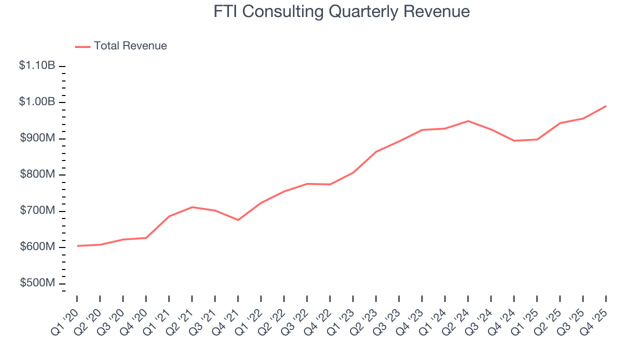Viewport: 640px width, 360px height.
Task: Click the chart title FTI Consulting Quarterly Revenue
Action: pyautogui.click(x=341, y=11)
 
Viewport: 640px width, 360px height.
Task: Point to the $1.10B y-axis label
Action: pyautogui.click(x=37, y=65)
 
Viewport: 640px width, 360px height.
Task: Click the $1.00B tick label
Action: pyautogui.click(x=37, y=102)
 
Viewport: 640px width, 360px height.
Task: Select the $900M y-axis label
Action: pyautogui.click(x=37, y=138)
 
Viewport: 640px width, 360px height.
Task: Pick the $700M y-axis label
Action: pyautogui.click(x=37, y=211)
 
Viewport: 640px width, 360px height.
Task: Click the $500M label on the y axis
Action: pyautogui.click(x=37, y=283)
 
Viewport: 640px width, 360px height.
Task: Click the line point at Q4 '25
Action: pyautogui.click(x=606, y=106)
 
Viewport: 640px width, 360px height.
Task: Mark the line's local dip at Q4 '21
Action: pyautogui.click(x=238, y=220)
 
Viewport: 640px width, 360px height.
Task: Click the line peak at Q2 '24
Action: pyautogui.click(x=468, y=121)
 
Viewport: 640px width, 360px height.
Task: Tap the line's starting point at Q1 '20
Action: pyautogui.click(x=77, y=246)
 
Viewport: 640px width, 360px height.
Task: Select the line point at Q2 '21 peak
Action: pyautogui.click(x=192, y=207)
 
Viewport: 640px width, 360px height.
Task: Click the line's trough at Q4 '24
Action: pyautogui.click(x=514, y=141)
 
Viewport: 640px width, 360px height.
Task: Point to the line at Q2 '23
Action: pyautogui.click(x=376, y=151)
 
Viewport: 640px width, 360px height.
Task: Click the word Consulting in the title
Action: pyautogui.click(x=282, y=11)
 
